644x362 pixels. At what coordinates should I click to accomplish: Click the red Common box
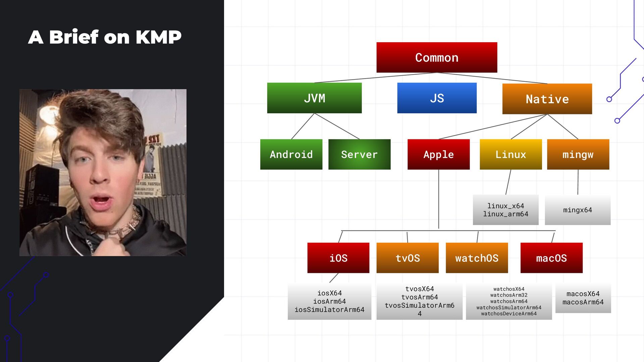437,57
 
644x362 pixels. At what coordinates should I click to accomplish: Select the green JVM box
314,98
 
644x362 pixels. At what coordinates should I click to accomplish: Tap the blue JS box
437,98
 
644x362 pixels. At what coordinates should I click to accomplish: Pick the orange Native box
547,99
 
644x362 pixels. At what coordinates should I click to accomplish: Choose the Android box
291,154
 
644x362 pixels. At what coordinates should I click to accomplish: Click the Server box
359,154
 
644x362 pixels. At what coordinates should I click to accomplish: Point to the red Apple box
438,154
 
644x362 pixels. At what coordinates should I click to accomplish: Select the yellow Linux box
511,154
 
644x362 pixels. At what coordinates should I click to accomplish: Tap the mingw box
578,154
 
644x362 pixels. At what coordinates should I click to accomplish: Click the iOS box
338,258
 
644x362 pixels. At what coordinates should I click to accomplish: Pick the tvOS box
408,258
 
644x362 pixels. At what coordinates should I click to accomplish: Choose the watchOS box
477,258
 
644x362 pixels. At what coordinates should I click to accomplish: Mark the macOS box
551,258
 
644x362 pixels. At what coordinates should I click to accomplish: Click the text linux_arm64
505,214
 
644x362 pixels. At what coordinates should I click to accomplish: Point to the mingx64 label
578,210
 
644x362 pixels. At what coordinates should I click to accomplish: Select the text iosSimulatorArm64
329,310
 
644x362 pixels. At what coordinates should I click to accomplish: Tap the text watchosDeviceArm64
509,314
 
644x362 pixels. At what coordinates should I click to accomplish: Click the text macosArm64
583,302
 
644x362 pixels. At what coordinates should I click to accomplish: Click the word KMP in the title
158,37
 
